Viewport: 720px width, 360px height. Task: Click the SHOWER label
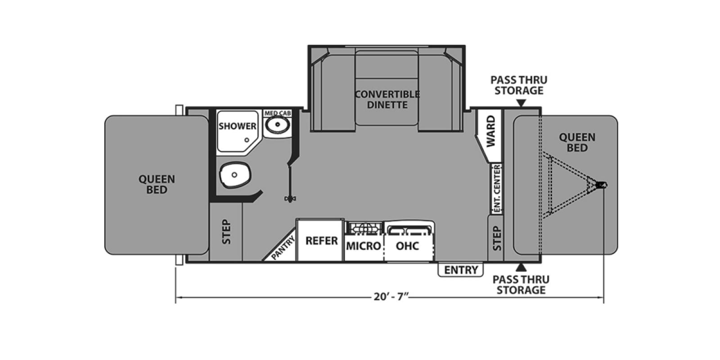click(237, 126)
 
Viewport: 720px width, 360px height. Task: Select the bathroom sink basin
click(278, 125)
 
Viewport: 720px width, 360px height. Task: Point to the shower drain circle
click(247, 140)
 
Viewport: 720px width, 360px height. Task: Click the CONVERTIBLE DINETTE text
click(387, 99)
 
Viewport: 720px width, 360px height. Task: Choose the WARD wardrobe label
click(490, 131)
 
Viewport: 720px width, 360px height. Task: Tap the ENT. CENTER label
click(497, 189)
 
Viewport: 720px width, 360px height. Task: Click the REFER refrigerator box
click(321, 240)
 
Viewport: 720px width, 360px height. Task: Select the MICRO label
click(364, 246)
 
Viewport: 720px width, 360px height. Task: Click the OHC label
click(407, 246)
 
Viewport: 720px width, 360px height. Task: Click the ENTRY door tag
click(461, 270)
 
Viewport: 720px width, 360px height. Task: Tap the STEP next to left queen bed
click(226, 232)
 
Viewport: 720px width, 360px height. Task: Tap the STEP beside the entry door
click(496, 238)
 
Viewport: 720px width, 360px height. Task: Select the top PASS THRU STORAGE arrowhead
click(521, 103)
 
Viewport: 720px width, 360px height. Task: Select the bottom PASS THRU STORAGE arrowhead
click(522, 268)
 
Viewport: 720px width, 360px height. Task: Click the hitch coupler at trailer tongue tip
click(601, 185)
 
